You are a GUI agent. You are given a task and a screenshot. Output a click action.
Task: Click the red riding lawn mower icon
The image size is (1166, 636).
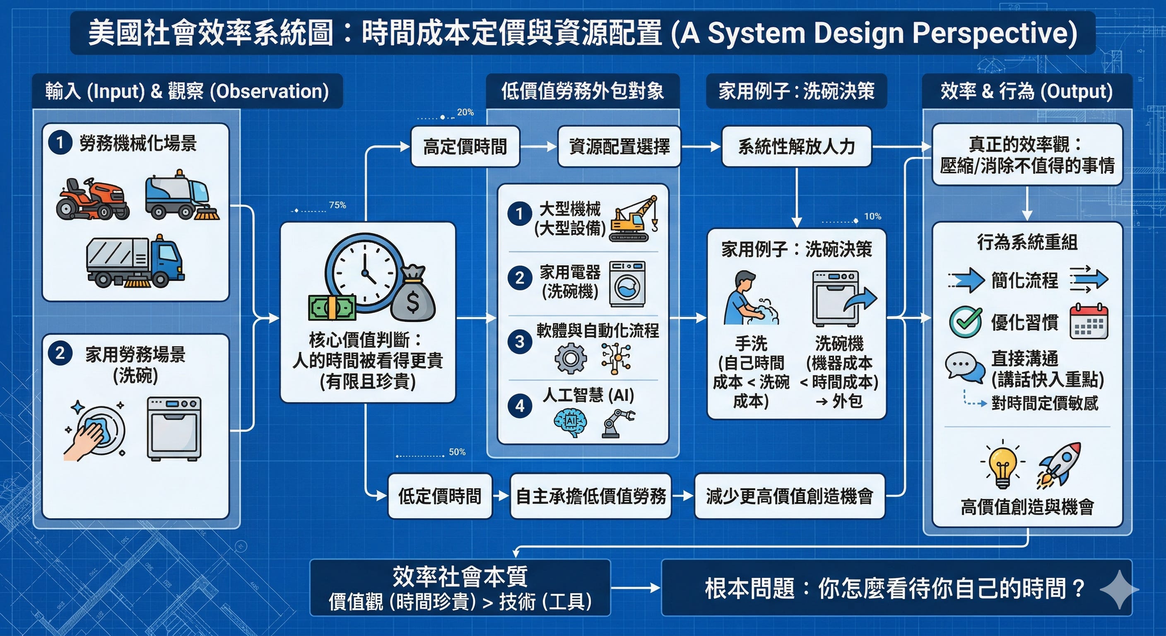click(92, 199)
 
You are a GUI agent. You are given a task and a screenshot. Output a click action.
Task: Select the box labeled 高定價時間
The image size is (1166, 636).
click(465, 147)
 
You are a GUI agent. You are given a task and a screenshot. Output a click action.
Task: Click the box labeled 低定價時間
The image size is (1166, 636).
click(439, 496)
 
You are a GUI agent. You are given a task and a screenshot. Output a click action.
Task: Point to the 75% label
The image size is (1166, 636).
click(337, 205)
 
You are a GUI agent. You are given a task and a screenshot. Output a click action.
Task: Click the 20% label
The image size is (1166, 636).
click(465, 112)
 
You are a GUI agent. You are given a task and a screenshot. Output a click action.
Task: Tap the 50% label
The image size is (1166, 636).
click(457, 452)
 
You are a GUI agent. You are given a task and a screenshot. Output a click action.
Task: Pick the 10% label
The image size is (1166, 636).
click(873, 217)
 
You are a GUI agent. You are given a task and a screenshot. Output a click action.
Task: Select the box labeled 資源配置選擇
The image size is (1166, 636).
click(619, 147)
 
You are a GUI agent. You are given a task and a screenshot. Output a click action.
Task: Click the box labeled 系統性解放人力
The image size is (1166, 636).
click(796, 147)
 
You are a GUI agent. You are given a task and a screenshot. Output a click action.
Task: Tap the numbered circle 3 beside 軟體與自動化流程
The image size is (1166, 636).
click(520, 341)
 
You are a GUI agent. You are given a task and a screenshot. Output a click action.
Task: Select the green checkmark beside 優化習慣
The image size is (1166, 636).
click(966, 321)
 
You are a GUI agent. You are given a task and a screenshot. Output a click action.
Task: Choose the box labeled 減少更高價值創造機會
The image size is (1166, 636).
click(789, 496)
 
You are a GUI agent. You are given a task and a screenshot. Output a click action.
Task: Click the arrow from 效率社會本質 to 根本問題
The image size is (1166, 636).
click(636, 588)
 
